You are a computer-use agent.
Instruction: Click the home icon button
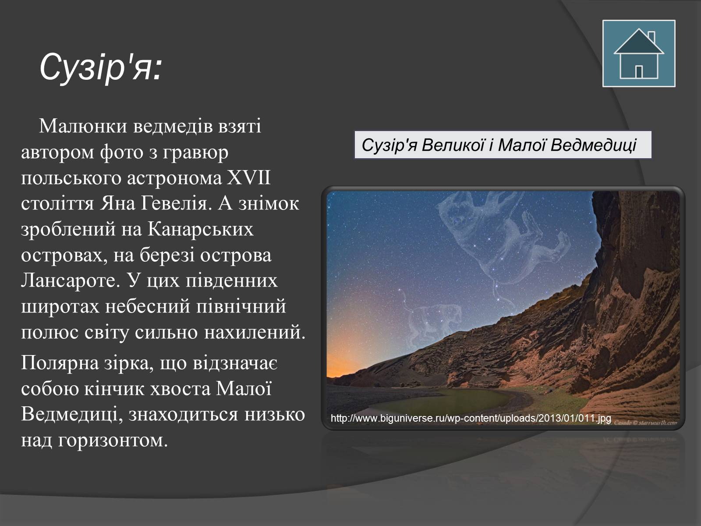pyautogui.click(x=639, y=53)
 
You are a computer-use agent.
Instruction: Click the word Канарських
pyautogui.click(x=201, y=229)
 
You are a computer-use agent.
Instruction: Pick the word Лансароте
pyautogui.click(x=71, y=281)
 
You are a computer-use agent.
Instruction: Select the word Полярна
pyautogui.click(x=60, y=363)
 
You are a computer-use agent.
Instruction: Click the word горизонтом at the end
pyautogui.click(x=113, y=441)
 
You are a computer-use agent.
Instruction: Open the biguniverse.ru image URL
pyautogui.click(x=471, y=418)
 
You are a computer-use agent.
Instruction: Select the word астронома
pyautogui.click(x=174, y=178)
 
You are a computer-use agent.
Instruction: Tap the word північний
pyautogui.click(x=241, y=306)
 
